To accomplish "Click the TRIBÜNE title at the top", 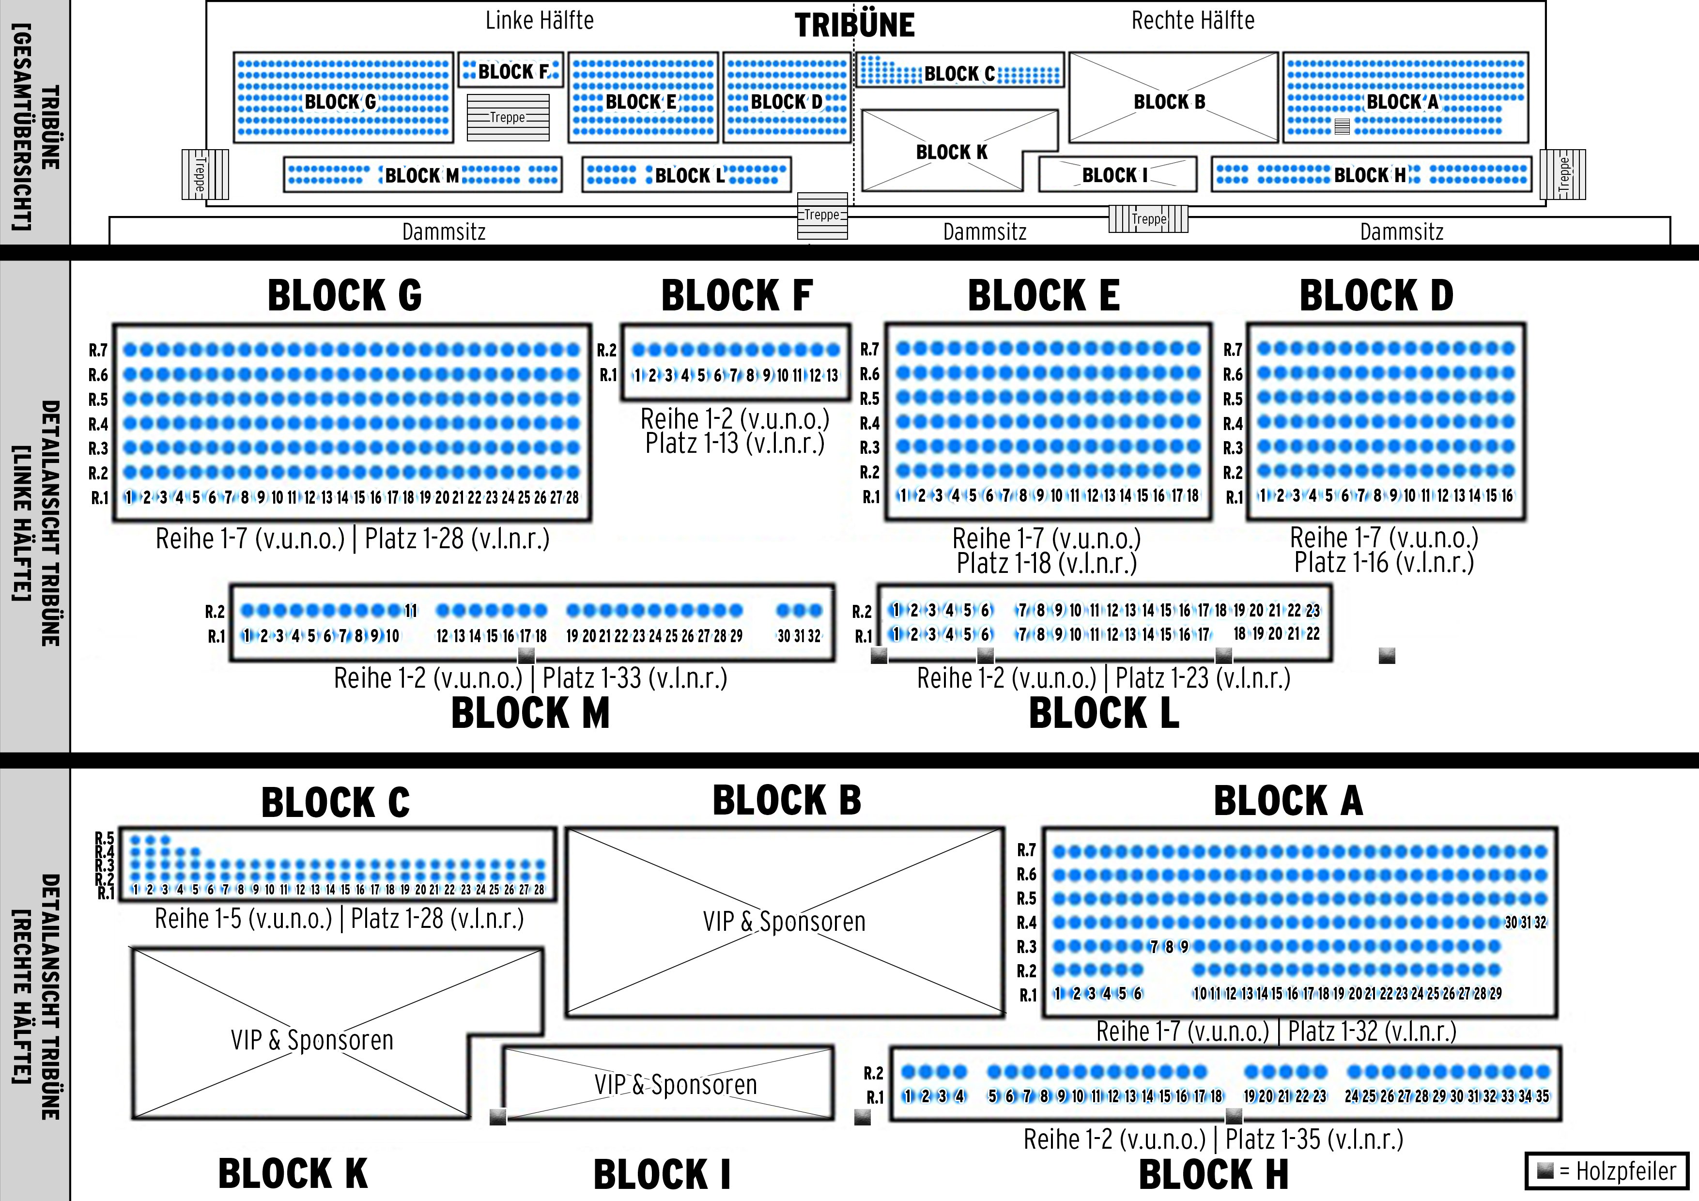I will coord(855,26).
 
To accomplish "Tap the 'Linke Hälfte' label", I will coord(540,21).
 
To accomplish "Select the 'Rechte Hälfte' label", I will coord(1193,21).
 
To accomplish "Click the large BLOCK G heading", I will coord(345,296).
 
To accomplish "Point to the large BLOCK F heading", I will coord(737,296).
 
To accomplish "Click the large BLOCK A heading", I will coord(1288,801).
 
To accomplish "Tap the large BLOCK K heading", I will coord(293,1173).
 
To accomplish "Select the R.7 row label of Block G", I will coord(98,350).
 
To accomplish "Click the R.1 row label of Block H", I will coord(875,1097).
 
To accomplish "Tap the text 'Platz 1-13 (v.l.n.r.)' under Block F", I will coord(735,444).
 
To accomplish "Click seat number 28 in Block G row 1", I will coord(572,497).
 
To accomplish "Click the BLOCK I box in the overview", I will coord(1117,175).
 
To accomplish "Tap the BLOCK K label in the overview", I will coord(952,153).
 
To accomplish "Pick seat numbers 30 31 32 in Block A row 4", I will coord(1526,923).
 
